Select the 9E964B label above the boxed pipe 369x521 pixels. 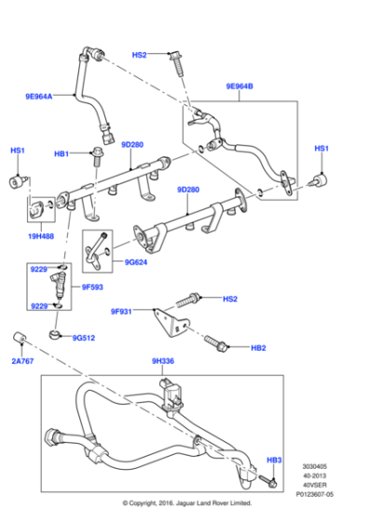239,87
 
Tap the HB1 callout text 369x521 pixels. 61,153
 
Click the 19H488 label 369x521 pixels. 43,238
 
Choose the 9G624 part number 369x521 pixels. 137,261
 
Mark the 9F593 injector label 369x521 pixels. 92,287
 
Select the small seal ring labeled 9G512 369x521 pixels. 57,331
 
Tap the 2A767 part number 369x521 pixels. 22,359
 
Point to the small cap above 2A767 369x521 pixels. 19,336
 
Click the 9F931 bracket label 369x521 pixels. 123,311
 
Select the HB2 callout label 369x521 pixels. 258,348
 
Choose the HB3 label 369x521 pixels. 274,461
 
